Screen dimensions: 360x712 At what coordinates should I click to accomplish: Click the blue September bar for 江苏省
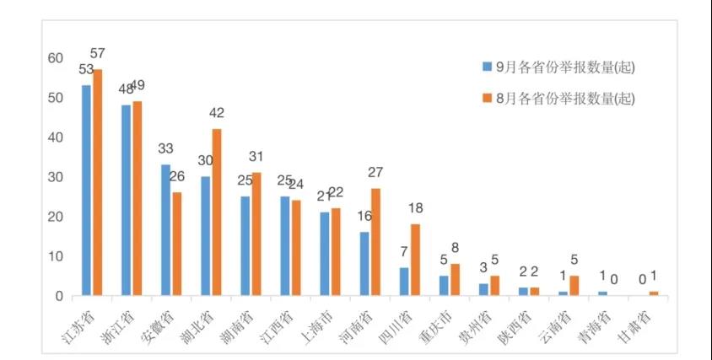pyautogui.click(x=86, y=190)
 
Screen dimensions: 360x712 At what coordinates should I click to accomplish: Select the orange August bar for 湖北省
pyautogui.click(x=217, y=212)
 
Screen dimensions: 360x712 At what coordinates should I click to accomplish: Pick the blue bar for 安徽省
pyautogui.click(x=165, y=229)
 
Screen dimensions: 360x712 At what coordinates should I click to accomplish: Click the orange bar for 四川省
pyautogui.click(x=415, y=259)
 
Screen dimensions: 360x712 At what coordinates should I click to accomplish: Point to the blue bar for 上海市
pyautogui.click(x=325, y=253)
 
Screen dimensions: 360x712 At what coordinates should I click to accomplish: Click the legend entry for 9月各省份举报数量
pyautogui.click(x=557, y=67)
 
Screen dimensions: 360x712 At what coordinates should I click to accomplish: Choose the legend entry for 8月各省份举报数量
pyautogui.click(x=557, y=99)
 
